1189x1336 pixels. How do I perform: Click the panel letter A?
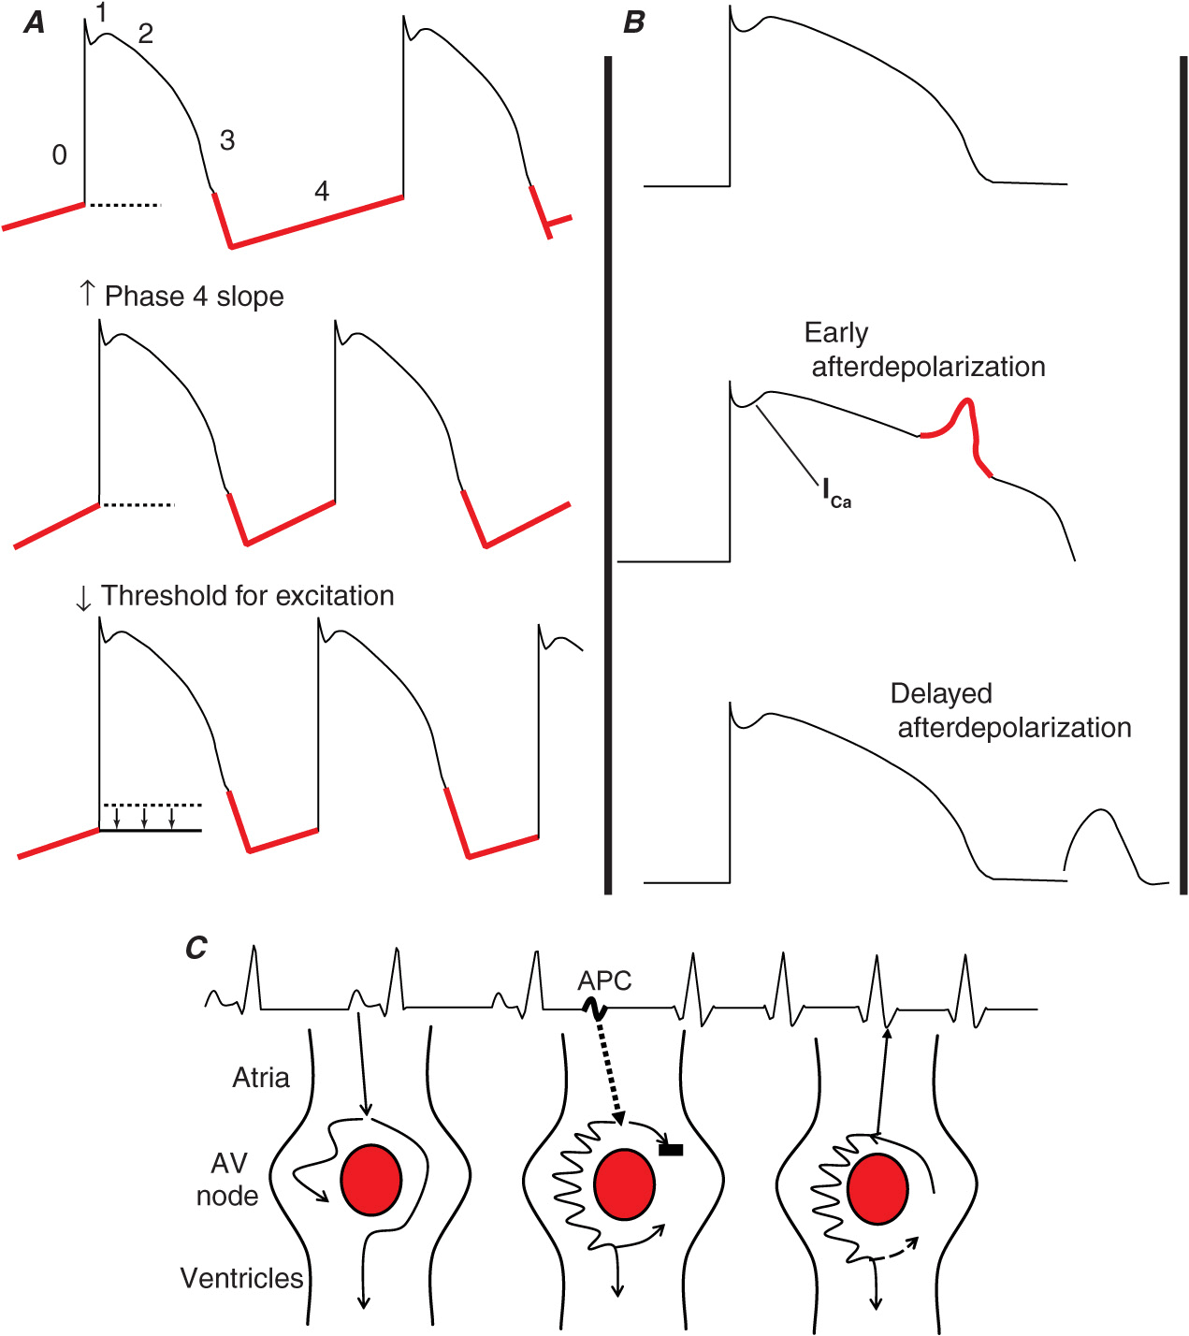[x=35, y=22]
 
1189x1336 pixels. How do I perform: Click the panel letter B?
[x=634, y=22]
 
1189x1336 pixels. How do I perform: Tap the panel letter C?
[x=196, y=948]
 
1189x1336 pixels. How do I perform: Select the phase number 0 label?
[x=59, y=154]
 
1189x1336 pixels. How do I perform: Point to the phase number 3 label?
[x=226, y=140]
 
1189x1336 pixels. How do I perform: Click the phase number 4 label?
[x=322, y=191]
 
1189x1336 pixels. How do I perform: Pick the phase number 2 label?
[x=145, y=34]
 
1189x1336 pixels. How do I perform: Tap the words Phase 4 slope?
[x=194, y=297]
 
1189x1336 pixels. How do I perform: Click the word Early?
[x=836, y=333]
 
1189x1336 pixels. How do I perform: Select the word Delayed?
[x=941, y=693]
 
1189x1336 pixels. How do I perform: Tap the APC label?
[x=604, y=980]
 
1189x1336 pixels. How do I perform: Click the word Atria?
[x=261, y=1078]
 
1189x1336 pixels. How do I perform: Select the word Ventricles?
[x=241, y=1278]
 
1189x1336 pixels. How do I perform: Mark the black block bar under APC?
[x=671, y=1150]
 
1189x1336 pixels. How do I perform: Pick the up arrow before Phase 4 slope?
[x=87, y=293]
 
